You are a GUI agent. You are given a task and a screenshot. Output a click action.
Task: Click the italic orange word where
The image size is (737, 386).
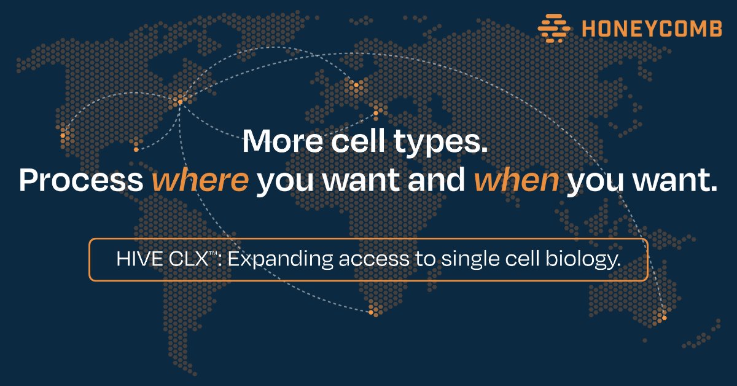pyautogui.click(x=200, y=181)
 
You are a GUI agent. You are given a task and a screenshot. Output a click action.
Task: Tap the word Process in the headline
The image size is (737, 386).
pyautogui.click(x=82, y=181)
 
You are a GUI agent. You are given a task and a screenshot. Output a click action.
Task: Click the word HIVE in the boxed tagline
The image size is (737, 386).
pyautogui.click(x=136, y=259)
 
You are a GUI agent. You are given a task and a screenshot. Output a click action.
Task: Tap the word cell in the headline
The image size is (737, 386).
pyautogui.click(x=372, y=142)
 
